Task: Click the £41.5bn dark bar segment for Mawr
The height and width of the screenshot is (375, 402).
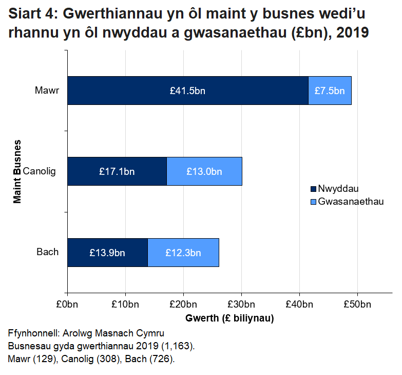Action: [x=187, y=91]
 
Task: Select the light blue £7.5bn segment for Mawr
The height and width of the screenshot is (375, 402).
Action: [x=330, y=91]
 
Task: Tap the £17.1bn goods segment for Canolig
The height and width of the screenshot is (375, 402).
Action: [x=117, y=171]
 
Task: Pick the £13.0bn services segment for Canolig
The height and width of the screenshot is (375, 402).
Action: [x=204, y=171]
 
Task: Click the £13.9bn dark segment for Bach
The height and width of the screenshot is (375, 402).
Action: [x=107, y=253]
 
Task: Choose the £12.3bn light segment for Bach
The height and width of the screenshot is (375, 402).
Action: [x=183, y=253]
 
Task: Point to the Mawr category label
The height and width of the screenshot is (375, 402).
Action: [x=47, y=91]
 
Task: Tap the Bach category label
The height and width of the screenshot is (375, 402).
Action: [x=48, y=252]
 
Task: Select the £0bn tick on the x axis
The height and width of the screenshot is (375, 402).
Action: [x=67, y=304]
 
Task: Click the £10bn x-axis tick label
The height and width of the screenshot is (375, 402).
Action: [x=125, y=304]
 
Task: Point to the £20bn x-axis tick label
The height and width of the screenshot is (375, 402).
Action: [x=183, y=304]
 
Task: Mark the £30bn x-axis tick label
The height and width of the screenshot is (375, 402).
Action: [x=241, y=304]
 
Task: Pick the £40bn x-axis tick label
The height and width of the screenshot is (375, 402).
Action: [x=299, y=304]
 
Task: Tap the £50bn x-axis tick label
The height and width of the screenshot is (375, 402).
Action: [x=357, y=304]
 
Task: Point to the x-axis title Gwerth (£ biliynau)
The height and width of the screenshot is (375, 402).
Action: [x=229, y=318]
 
